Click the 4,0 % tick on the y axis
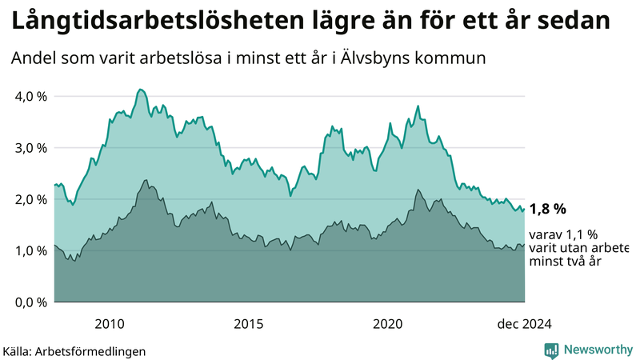coord(29,96)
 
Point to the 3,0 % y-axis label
coord(29,147)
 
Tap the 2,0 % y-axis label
coord(29,199)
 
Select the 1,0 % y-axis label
coord(29,250)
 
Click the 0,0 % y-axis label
coord(29,302)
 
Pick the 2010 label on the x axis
coord(109,323)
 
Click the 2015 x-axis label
coord(249,323)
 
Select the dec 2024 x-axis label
coord(524,323)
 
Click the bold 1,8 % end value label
coord(548,209)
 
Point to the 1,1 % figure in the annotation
coord(581,234)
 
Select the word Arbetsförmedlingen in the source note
coord(100,350)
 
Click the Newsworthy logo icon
coord(551,350)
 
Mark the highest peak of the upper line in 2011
coord(140,89)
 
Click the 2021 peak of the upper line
coord(418,106)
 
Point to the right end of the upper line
coord(524,209)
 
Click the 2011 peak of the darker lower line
coord(146,180)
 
